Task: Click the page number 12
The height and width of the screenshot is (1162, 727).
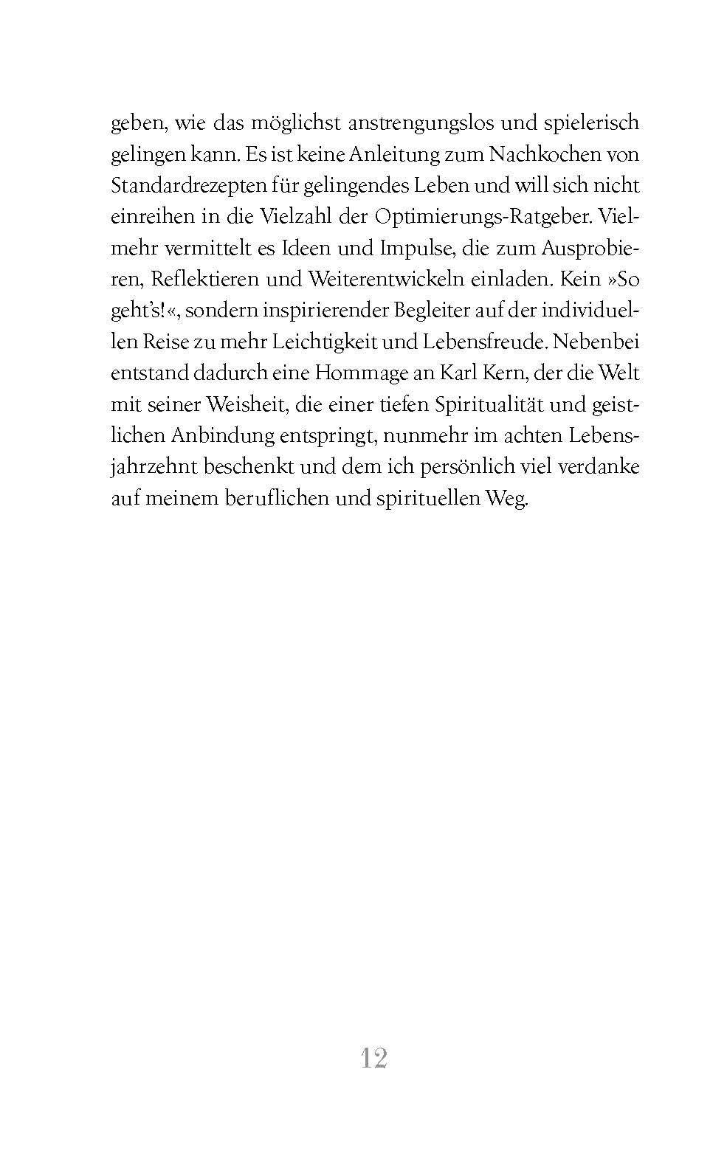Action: pos(374,1059)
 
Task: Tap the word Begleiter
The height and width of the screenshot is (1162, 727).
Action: pos(427,311)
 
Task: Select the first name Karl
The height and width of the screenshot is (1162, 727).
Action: pos(458,373)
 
